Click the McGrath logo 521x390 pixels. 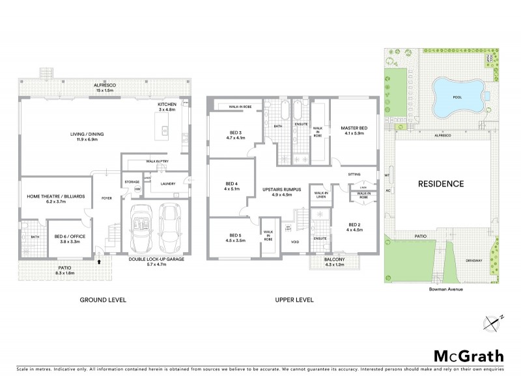pos(468,356)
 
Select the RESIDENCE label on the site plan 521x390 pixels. pos(440,184)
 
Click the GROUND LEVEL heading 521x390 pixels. pos(103,300)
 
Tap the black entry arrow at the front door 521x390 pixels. pos(99,261)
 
